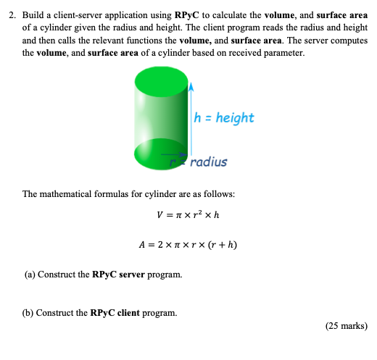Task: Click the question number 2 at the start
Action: (11, 14)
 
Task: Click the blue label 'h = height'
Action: (224, 117)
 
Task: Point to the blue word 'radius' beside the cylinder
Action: (210, 162)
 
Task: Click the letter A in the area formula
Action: (144, 244)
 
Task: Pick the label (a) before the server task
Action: (28, 275)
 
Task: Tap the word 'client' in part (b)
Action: (133, 313)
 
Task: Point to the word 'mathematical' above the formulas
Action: (70, 194)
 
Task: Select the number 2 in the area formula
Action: (160, 244)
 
